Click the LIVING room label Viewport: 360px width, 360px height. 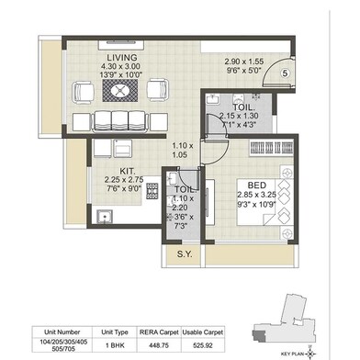point(120,57)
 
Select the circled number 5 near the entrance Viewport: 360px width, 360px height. point(286,74)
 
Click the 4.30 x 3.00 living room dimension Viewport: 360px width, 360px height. point(120,67)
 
